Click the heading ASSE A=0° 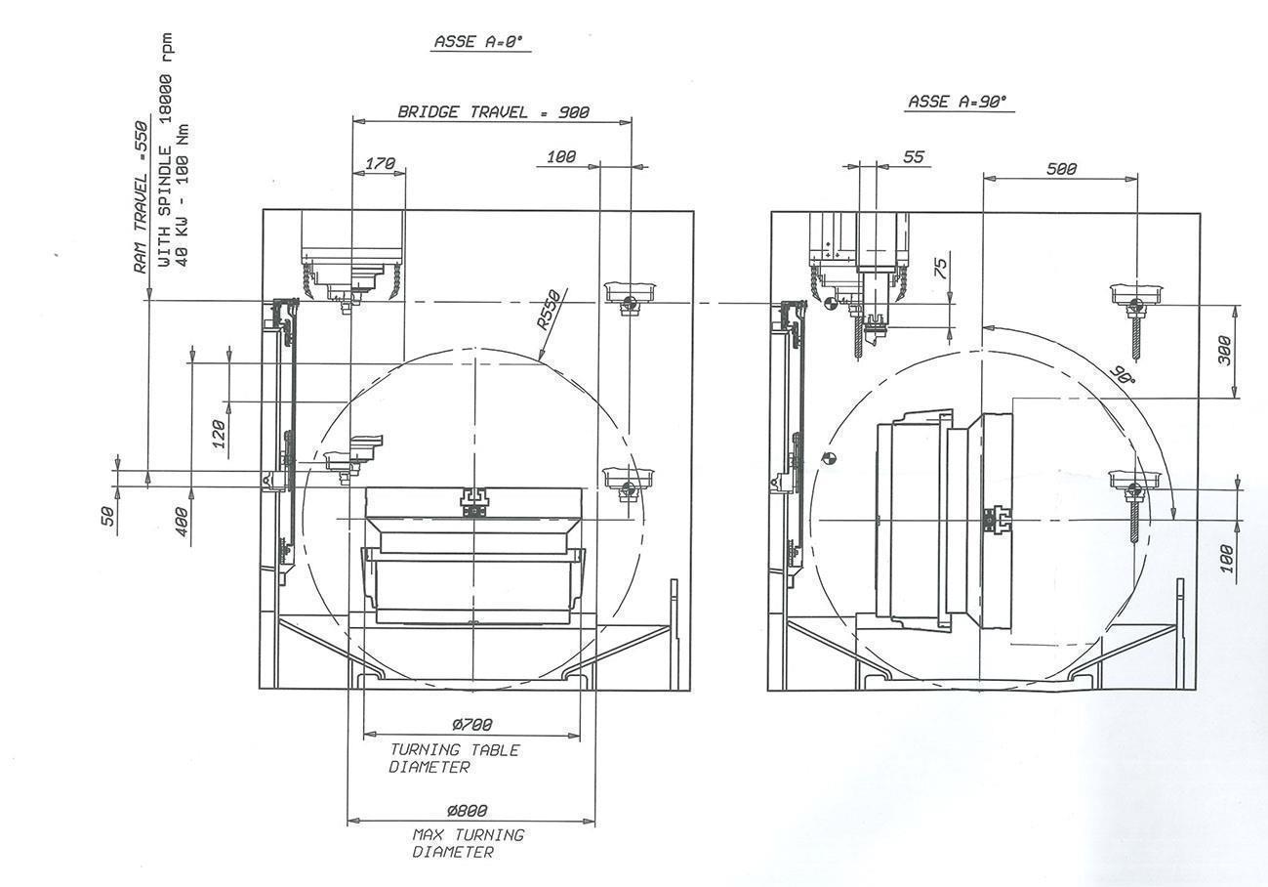pos(478,42)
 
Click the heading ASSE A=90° pos(957,101)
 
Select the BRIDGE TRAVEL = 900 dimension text pos(493,111)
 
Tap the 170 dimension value pos(381,164)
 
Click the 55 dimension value pos(914,156)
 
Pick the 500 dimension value pos(1061,169)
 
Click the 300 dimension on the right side pos(1226,350)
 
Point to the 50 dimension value pos(109,515)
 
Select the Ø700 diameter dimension pos(471,725)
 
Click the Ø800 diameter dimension pos(467,811)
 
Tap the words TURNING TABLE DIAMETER pos(454,758)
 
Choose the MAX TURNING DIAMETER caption pos(468,843)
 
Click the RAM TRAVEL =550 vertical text pos(141,195)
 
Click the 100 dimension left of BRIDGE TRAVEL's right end pos(561,156)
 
